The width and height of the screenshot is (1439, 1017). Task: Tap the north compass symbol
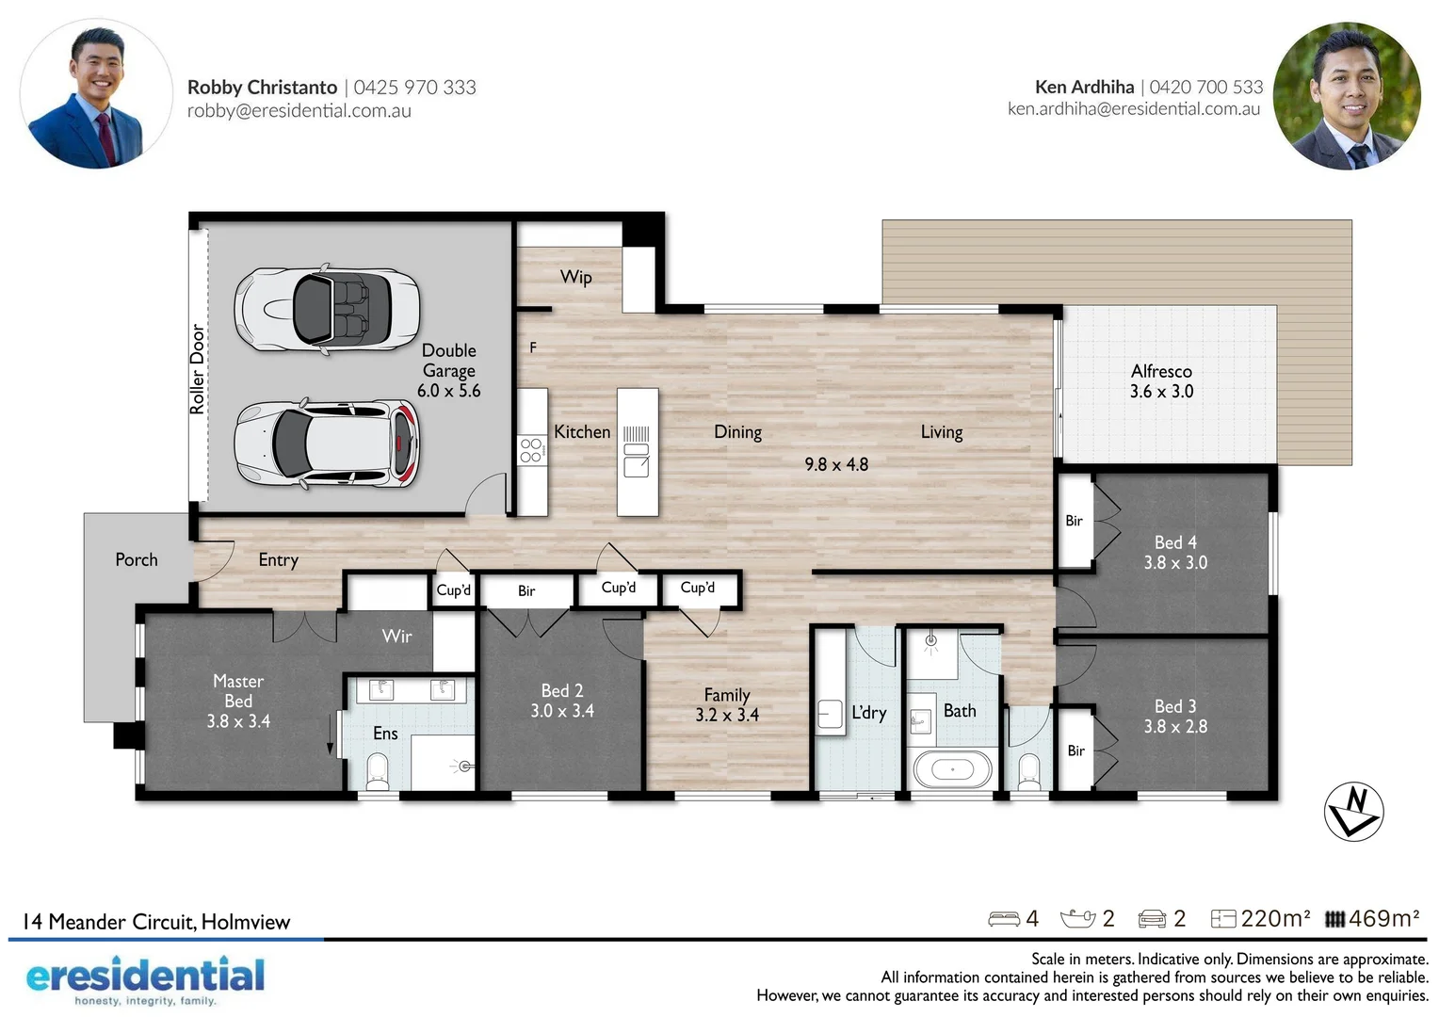tap(1353, 811)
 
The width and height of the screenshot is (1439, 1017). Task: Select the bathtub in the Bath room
tap(952, 769)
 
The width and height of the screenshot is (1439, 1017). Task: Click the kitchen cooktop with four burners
tap(530, 450)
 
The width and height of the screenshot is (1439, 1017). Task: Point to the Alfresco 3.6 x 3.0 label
tap(1161, 381)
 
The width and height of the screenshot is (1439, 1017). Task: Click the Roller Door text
tap(197, 369)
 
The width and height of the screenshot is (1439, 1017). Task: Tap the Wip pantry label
tap(575, 277)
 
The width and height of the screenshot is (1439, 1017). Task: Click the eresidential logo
tap(145, 978)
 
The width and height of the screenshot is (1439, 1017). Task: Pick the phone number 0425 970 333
tap(414, 88)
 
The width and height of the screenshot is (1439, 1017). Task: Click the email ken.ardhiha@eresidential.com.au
tap(1133, 109)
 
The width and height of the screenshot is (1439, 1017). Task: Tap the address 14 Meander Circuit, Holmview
tap(156, 922)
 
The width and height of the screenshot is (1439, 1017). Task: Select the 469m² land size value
tap(1382, 918)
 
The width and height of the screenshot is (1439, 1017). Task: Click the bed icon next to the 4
tap(1003, 919)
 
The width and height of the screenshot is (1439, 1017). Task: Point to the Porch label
tap(137, 559)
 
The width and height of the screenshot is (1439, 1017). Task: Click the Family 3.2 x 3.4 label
tap(727, 704)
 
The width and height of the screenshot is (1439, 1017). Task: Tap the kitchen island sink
tap(637, 464)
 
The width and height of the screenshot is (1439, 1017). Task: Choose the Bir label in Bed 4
tap(1074, 521)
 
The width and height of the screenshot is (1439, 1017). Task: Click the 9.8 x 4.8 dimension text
tap(836, 464)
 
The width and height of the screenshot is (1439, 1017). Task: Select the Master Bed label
tap(238, 691)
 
